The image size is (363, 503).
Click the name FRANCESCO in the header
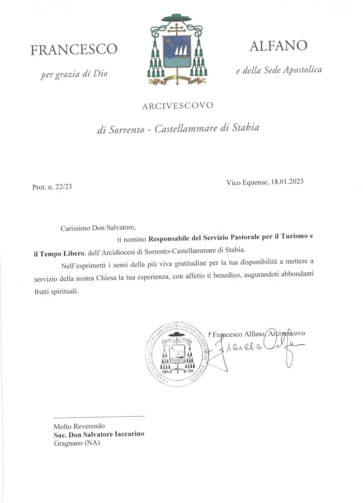[74, 49]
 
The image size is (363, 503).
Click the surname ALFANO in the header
[278, 45]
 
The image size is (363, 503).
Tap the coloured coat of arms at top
[177, 50]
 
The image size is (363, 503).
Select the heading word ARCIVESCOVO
[177, 106]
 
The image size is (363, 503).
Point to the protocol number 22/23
[64, 187]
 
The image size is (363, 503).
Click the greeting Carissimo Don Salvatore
[98, 228]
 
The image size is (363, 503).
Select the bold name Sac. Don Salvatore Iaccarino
[99, 434]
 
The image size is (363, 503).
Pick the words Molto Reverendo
[79, 426]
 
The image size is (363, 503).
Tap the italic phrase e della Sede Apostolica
[279, 70]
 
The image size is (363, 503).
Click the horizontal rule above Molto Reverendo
[99, 416]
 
